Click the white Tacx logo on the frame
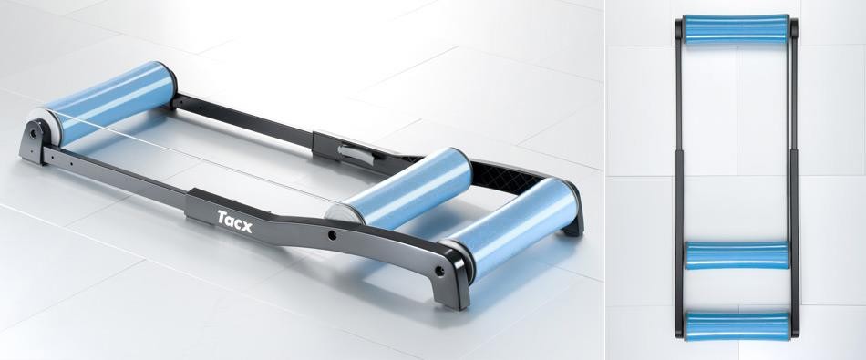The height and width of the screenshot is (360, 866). (x=234, y=221)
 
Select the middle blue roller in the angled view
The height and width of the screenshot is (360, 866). (x=400, y=189)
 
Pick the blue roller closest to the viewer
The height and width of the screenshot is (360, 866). (x=510, y=227)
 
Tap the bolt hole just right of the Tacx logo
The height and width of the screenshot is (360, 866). (x=332, y=235)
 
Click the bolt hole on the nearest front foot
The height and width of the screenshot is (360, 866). (x=439, y=271)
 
